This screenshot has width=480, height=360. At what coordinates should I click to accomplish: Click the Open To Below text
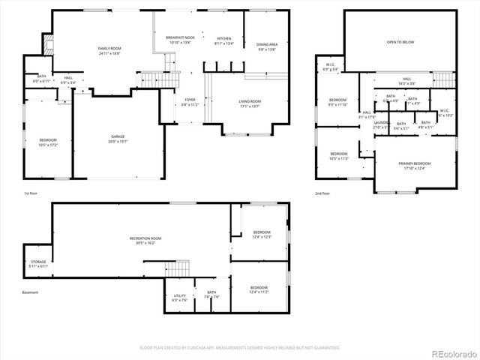click(x=401, y=43)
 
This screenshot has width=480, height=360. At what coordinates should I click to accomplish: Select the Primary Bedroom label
click(x=415, y=165)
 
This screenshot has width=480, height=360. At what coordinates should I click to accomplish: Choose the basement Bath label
click(x=211, y=295)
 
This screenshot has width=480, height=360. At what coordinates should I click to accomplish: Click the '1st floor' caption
click(x=31, y=193)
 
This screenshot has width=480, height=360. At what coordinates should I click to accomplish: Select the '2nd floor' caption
click(x=323, y=193)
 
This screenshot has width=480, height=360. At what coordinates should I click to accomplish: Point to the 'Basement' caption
click(x=30, y=292)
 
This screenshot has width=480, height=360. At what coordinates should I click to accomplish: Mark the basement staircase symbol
click(x=178, y=268)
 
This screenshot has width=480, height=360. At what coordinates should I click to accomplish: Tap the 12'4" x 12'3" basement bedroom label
click(x=261, y=234)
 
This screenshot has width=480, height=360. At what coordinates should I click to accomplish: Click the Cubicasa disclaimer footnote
click(x=240, y=348)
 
